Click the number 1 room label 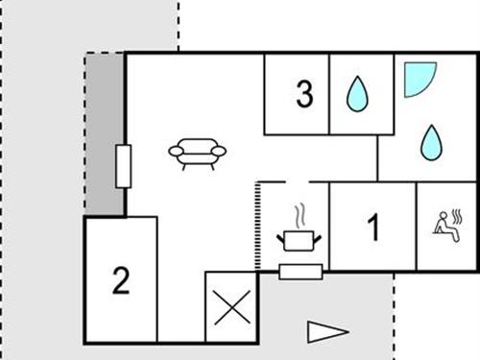coord(373,228)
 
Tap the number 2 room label coord(120,281)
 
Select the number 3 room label coord(304,95)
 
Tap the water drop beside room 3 coord(357,94)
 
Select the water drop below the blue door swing coord(431,143)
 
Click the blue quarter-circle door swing coord(417,78)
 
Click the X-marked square coord(230,309)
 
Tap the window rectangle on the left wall coord(123,166)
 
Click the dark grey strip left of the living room coord(105,134)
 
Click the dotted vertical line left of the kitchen coord(256,226)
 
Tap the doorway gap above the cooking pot coord(297,182)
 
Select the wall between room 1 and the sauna coord(417,227)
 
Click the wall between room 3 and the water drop coord(330,94)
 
